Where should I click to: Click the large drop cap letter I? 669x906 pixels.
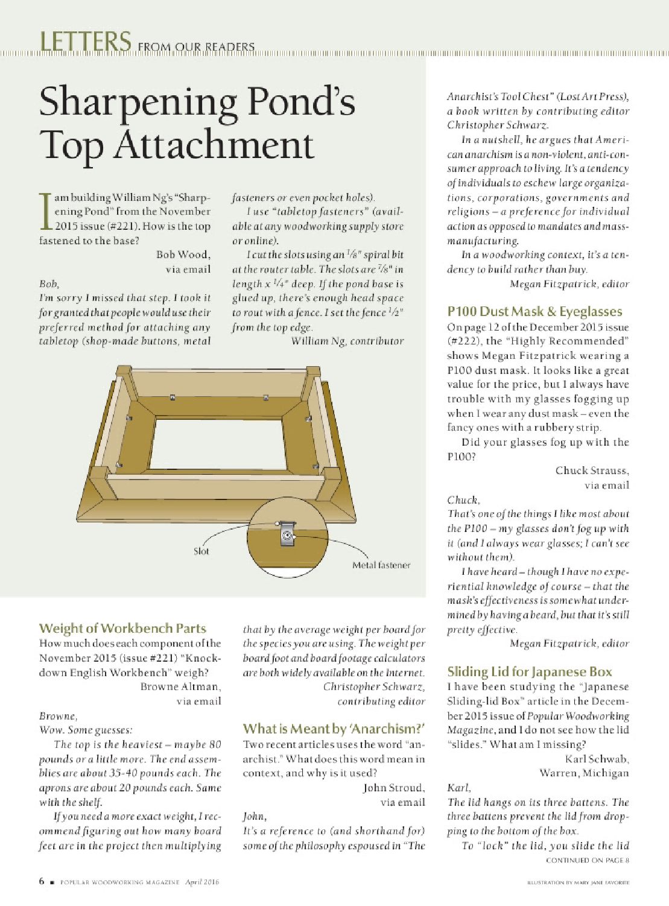pos(45,212)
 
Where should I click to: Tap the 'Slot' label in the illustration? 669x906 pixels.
pos(201,551)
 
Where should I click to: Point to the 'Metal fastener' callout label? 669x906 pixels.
pos(381,565)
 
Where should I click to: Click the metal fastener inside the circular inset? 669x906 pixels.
pos(287,534)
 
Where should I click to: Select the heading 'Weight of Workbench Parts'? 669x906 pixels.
pos(122,629)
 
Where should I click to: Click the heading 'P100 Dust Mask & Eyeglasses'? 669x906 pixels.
pos(534,311)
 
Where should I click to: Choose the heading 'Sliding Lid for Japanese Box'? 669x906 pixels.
pos(530,672)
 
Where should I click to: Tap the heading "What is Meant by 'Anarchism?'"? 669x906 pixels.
pos(334,729)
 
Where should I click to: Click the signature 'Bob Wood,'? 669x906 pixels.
pos(183,255)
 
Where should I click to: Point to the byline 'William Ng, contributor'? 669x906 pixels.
pos(347,341)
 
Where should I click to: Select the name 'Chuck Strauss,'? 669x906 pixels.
pos(592,470)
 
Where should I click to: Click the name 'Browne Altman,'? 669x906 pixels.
pos(180,686)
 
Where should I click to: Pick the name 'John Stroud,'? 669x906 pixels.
pos(394,788)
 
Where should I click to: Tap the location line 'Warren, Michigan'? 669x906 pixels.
pos(584,773)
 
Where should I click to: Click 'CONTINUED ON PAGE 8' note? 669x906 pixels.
pos(588,860)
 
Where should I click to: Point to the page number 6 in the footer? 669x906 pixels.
pos(42,881)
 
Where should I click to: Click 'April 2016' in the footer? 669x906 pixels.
pos(202,882)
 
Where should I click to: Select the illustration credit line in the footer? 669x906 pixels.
pos(578,882)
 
